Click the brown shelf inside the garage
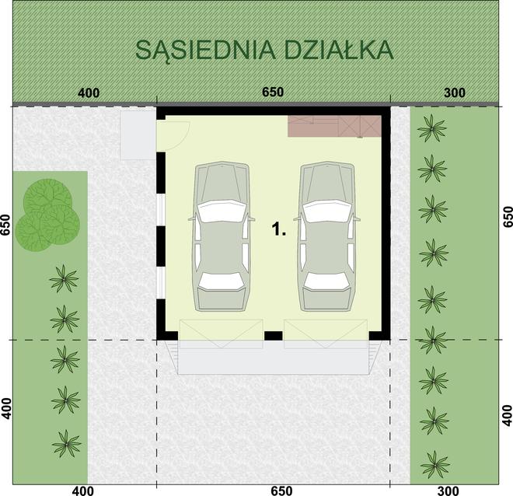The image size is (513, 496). [334, 126]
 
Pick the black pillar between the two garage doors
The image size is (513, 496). [273, 336]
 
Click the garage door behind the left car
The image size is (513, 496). [221, 334]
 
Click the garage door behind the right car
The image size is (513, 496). [325, 334]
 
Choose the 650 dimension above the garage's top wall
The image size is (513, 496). [273, 93]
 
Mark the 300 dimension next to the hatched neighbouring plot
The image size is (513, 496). [455, 93]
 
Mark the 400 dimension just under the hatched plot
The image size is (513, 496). [89, 93]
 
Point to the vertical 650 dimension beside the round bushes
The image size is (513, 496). [7, 225]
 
